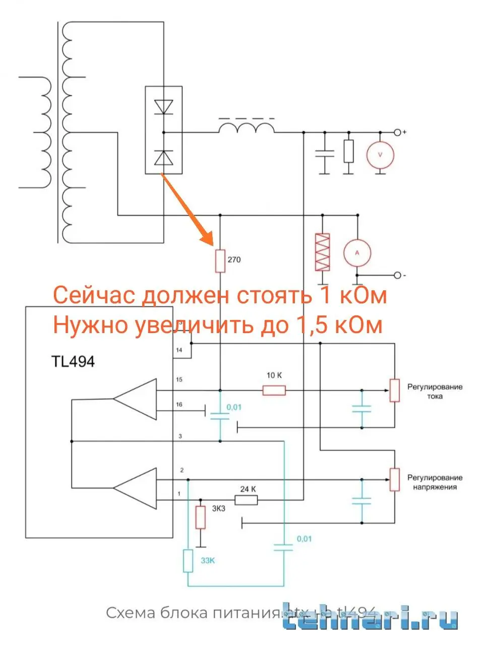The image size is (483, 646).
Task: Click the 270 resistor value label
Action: [234, 260]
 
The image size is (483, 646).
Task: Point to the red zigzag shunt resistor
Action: [322, 252]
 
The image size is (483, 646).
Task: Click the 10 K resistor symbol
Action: [274, 390]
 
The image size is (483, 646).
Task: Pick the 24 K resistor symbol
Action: [247, 500]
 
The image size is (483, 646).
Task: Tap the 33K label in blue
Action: [208, 561]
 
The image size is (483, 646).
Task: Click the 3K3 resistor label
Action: [218, 508]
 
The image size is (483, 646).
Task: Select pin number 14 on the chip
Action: [179, 350]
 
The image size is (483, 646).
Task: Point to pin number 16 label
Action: [179, 405]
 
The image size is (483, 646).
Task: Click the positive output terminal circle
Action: [398, 132]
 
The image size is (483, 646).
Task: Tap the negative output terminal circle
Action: [398, 276]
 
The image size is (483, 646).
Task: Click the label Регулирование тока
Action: [435, 392]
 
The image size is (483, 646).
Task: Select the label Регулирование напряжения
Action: [435, 482]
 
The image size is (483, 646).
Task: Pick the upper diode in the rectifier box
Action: [163, 107]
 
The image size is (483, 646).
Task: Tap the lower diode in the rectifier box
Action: [163, 158]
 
